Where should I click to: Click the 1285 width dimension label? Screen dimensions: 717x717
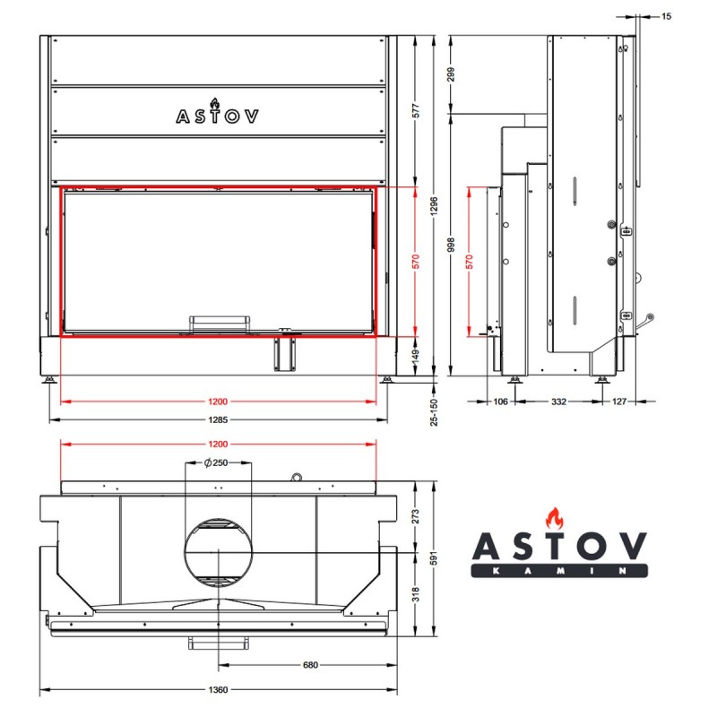[218, 419]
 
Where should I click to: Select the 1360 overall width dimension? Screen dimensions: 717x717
[218, 689]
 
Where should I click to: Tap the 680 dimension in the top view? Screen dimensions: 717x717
[310, 665]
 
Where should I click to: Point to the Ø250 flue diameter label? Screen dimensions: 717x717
[216, 462]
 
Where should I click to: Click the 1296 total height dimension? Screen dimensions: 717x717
[434, 206]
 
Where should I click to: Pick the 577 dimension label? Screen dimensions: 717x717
[416, 111]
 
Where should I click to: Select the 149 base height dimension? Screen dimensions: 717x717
[416, 356]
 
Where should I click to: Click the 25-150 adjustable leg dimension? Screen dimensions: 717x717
[434, 412]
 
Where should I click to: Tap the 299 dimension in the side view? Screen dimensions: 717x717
[452, 74]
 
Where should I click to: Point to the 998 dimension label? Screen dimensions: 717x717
[452, 245]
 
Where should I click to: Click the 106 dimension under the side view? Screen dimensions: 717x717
[500, 402]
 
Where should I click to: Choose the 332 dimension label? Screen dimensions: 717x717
[558, 402]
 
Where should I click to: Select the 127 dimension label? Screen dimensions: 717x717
[618, 402]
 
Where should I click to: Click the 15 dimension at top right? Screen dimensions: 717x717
[666, 16]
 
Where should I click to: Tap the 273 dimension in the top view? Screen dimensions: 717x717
[415, 517]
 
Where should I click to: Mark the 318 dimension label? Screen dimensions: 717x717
[415, 594]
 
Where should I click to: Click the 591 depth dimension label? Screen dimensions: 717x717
[434, 557]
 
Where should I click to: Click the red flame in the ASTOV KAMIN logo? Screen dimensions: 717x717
[554, 519]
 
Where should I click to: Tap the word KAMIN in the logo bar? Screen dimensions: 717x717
[559, 571]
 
